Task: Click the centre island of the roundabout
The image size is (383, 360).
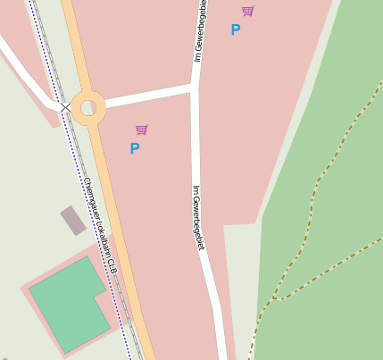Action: coord(87,108)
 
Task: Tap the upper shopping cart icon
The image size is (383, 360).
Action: coord(247,11)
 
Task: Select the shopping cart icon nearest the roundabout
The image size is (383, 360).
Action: coord(141,130)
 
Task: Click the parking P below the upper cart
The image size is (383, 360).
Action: coord(236,30)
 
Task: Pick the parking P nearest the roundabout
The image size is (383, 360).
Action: coord(135,149)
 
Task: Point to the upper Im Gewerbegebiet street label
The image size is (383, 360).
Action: coord(202,31)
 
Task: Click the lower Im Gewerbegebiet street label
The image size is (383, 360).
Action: coord(199,217)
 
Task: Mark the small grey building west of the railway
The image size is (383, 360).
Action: coord(73,220)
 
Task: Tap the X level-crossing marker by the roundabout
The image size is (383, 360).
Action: coord(65,107)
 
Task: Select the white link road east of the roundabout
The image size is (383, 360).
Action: coord(147,96)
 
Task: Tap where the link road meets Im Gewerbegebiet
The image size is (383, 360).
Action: coord(194,88)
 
